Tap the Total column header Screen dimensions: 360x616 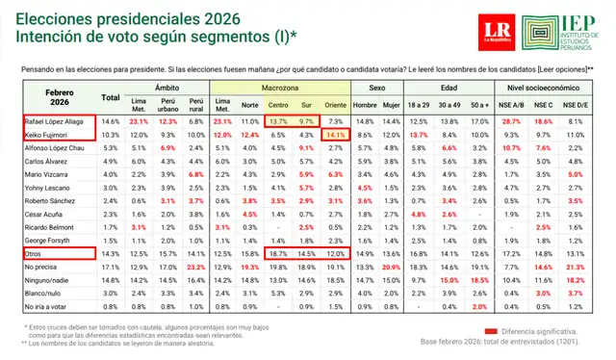tap(111, 97)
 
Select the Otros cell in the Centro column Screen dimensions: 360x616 tap(278, 250)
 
